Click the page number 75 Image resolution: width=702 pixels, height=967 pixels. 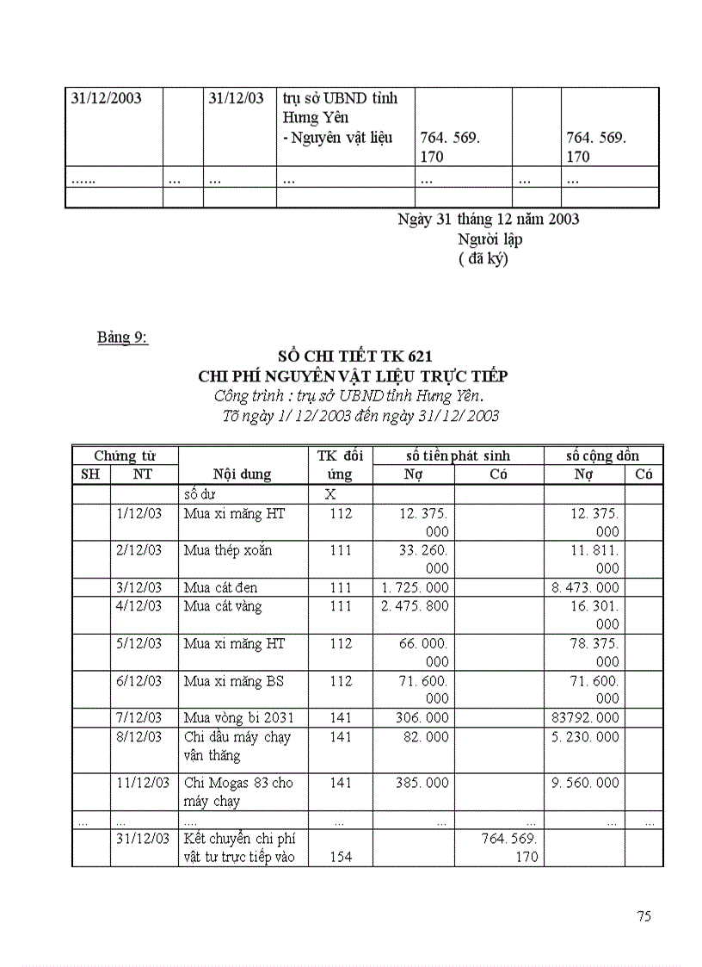point(643,916)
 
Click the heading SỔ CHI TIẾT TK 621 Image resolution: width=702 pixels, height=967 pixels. point(354,356)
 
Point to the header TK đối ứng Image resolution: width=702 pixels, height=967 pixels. point(341,465)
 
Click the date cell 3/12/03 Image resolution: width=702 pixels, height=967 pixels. point(139,587)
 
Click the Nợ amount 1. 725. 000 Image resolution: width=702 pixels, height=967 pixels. point(414,587)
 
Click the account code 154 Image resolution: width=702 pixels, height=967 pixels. point(341,857)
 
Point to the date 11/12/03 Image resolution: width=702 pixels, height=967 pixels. point(143,783)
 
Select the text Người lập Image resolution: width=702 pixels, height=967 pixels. point(490,239)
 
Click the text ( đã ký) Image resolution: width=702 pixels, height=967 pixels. point(483,259)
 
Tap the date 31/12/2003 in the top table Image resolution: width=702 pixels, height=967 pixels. point(106,98)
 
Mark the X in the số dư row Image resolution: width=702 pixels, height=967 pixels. point(329,494)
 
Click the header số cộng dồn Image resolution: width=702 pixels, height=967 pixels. point(602,456)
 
